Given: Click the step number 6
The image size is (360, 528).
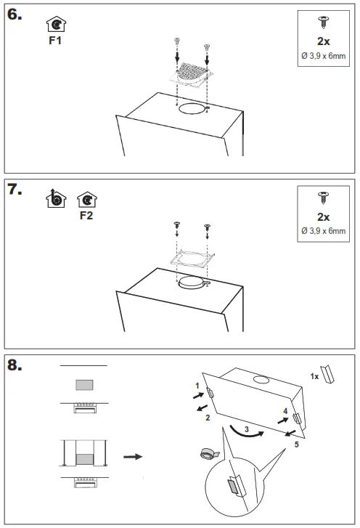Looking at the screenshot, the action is coord(15,15).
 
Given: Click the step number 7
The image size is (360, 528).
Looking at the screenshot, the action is coord(15,190).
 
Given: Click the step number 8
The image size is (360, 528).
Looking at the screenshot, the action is coord(15,365).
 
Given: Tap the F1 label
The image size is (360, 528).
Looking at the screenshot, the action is coord(55,41).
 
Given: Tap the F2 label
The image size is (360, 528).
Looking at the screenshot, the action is coord(86,216).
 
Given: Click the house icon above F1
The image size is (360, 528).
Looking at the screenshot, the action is coord(56,24).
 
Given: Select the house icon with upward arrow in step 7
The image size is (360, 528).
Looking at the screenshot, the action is coord(56,199).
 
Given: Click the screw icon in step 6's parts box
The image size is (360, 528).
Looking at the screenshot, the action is coord(323,22).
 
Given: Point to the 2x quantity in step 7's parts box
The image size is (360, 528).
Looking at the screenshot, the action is coord(323,217).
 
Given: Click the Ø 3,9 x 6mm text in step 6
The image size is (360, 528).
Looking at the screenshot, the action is coord(323,56).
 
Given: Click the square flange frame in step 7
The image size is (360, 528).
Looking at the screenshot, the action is coord(192,259).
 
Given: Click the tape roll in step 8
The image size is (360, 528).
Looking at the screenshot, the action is coord(209,454).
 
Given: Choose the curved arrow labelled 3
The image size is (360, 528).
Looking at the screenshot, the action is coord(247,433).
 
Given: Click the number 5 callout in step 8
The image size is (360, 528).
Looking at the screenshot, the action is coord(296,444).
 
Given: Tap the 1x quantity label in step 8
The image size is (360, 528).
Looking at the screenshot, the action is coord(314,376).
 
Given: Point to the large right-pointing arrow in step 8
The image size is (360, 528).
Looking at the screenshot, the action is coord(133,457).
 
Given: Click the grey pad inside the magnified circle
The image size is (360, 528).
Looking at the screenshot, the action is coord(232,487).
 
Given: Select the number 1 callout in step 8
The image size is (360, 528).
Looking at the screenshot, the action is coord(197,386).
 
